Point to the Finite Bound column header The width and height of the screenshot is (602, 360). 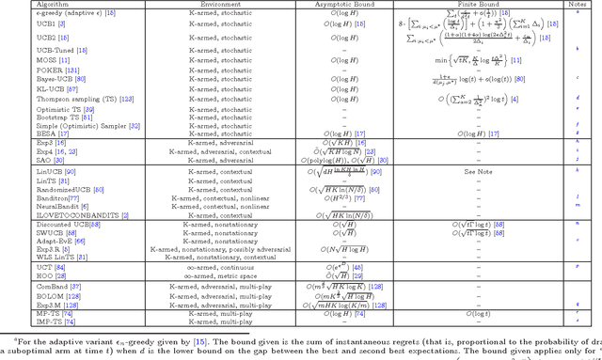tap(490, 5)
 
